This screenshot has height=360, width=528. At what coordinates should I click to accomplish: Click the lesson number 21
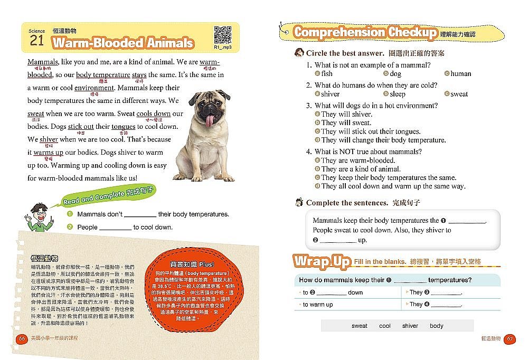pos(37,42)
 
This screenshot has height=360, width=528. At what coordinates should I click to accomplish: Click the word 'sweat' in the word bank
pos(360,326)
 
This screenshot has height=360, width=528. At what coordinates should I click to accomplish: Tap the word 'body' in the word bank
pos(437,326)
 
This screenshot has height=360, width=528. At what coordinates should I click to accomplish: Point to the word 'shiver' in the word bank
pos(410,326)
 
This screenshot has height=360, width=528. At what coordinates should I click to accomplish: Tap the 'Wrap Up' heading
pos(322,261)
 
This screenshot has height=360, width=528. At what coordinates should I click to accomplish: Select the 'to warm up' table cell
pos(317,305)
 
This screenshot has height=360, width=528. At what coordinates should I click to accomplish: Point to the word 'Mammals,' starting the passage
pos(43,62)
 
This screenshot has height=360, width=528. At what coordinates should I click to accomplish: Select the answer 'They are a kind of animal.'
pos(361,169)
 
